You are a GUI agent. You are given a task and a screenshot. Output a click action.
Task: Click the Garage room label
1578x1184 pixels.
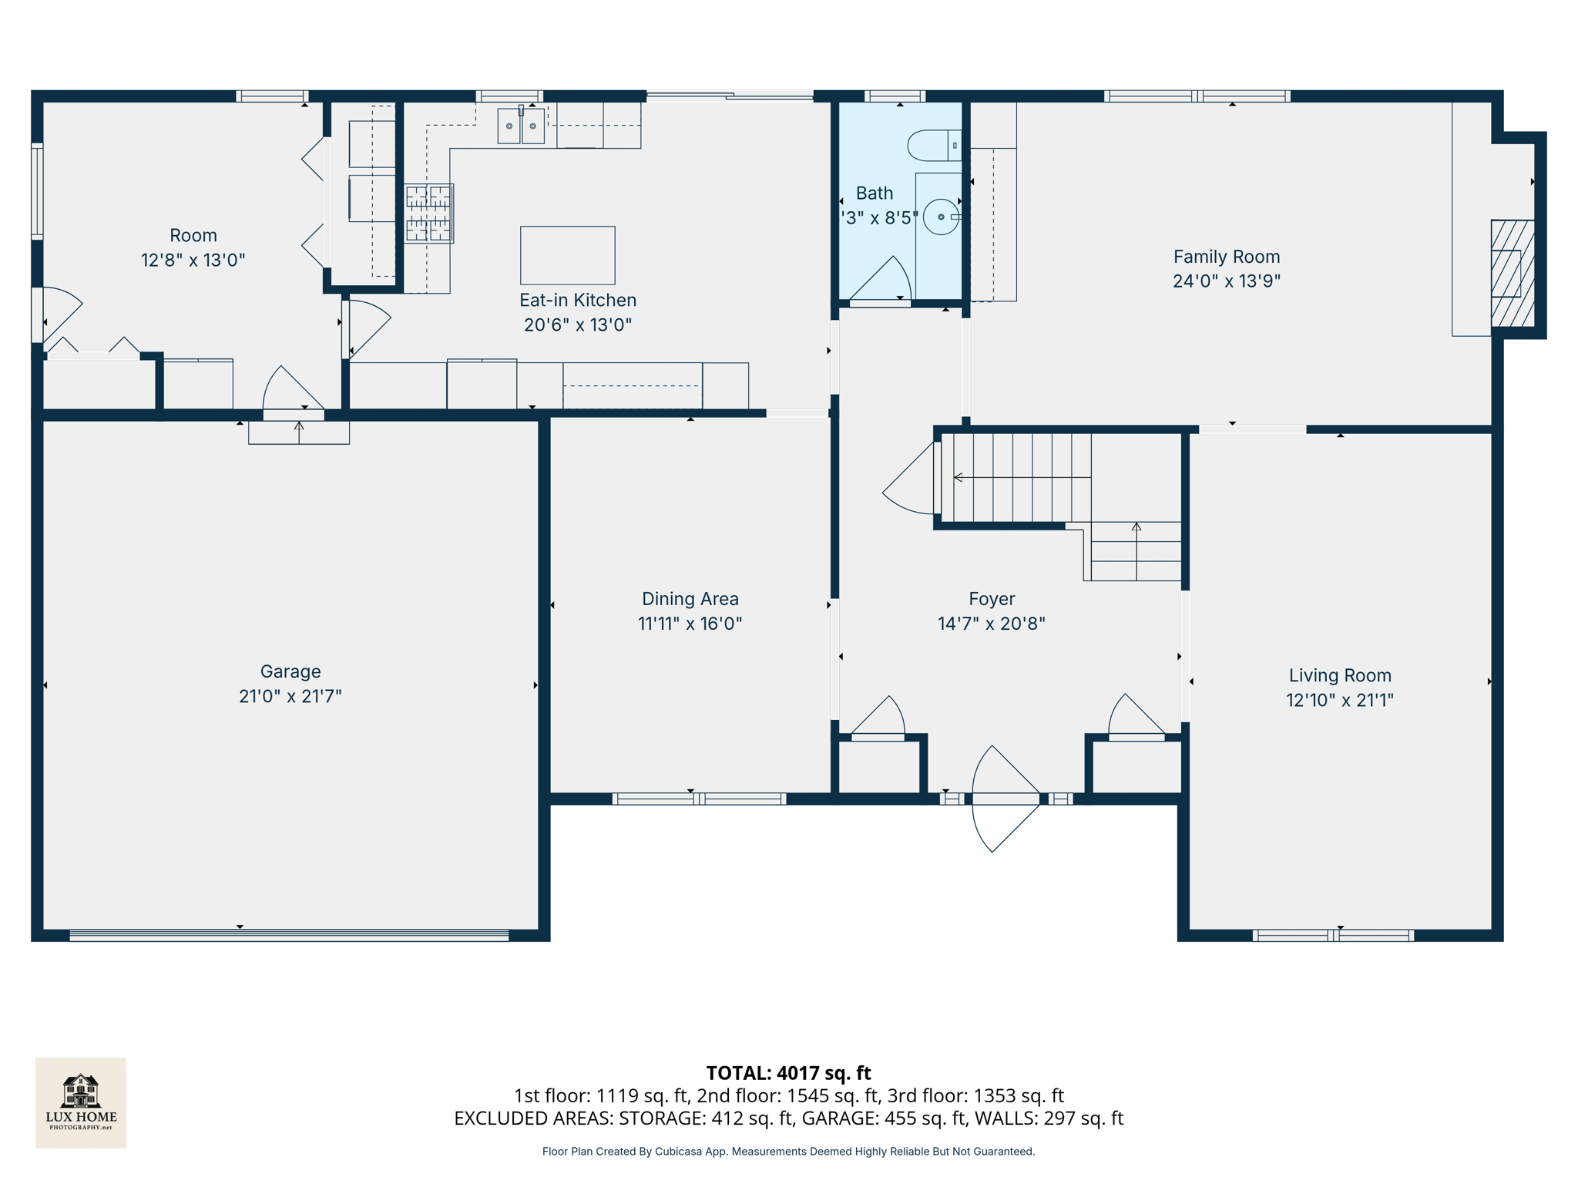point(290,671)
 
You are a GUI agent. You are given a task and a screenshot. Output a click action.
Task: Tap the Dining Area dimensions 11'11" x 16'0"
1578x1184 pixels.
point(690,624)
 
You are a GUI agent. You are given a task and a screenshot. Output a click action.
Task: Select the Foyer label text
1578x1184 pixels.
point(991,599)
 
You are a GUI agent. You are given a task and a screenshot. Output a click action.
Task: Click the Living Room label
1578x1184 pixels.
point(1339,676)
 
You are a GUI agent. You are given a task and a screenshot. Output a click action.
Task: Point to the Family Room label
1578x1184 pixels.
point(1226,257)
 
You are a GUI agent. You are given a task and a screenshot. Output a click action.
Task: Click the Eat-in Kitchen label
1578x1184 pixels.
point(577,301)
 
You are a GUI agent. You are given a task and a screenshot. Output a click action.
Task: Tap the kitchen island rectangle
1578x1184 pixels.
point(567,255)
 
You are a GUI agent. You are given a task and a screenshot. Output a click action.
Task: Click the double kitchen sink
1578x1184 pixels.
point(521,126)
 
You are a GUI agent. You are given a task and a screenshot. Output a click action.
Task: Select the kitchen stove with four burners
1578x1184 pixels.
point(428,213)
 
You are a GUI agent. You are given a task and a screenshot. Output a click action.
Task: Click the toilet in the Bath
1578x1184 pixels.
point(934,145)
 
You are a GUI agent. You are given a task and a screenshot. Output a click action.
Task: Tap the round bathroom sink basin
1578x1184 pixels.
point(940,217)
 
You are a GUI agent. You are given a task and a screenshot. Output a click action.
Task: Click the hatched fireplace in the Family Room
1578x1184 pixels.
point(1512,274)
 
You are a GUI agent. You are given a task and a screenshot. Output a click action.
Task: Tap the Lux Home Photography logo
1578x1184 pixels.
point(81,1102)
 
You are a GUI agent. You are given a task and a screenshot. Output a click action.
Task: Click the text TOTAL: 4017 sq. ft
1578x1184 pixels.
point(788,1073)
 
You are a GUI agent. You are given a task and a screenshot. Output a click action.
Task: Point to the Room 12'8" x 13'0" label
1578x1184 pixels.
point(193,247)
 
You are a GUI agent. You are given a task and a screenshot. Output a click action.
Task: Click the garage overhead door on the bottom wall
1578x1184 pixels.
point(289,935)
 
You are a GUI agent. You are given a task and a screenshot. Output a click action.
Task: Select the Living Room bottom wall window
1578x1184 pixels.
point(1332,935)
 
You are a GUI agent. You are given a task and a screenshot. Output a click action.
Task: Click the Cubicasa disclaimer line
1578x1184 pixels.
point(788,1152)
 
